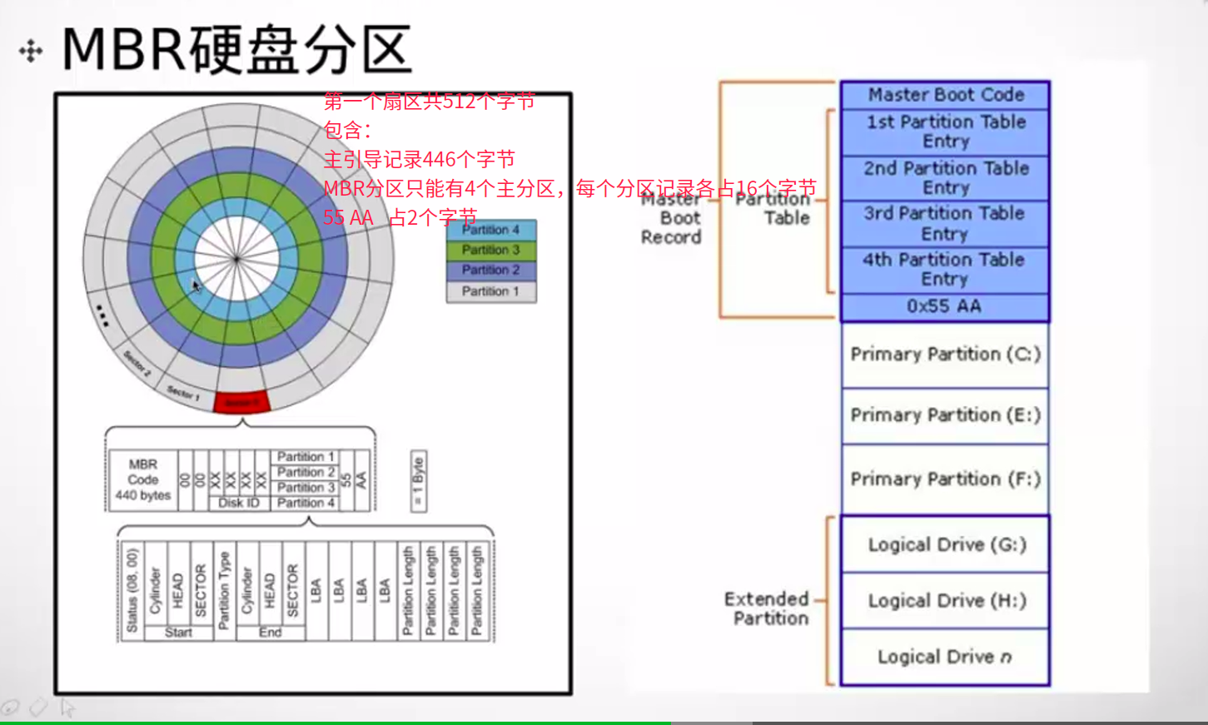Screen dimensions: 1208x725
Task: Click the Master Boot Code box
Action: click(945, 95)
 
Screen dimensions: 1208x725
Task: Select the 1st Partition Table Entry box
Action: click(945, 132)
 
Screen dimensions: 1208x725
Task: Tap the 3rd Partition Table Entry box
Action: click(945, 223)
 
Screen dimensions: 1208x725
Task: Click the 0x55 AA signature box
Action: click(945, 306)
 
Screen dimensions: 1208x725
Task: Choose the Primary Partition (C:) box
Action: click(945, 355)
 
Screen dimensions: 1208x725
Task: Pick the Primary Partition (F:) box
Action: click(945, 479)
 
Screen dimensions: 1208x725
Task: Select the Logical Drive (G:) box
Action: click(945, 544)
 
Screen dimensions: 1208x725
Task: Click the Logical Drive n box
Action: click(945, 657)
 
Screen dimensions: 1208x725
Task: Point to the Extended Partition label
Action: click(767, 608)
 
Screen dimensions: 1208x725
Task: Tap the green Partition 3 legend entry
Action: click(491, 250)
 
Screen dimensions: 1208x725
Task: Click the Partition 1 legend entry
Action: click(491, 291)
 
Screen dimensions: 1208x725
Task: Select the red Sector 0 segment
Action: click(241, 403)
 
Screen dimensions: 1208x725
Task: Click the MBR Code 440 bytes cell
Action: click(143, 479)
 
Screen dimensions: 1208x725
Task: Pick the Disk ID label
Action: click(238, 503)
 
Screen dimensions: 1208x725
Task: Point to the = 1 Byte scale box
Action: click(418, 482)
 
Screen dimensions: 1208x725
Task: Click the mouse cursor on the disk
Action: click(195, 286)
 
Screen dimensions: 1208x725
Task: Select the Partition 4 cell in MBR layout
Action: click(306, 503)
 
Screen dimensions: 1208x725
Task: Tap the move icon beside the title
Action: click(31, 52)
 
